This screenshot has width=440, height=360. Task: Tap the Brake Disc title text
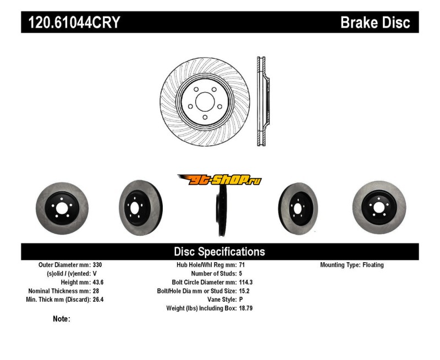point(375,23)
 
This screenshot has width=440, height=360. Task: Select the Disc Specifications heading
point(219,252)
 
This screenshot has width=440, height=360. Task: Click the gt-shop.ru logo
point(219,179)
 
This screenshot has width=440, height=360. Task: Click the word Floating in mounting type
point(373,265)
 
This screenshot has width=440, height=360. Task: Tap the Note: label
point(62,319)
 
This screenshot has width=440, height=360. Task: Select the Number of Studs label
point(214,274)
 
